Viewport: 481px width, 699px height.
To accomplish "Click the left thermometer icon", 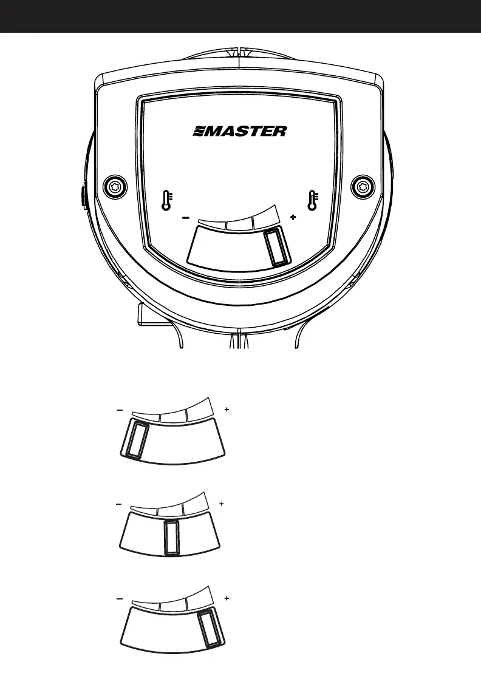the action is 166,201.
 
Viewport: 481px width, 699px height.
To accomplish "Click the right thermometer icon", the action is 313,201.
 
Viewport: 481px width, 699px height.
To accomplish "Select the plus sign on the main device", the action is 293,217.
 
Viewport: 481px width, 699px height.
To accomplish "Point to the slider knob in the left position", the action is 135,441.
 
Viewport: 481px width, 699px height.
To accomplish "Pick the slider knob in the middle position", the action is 172,536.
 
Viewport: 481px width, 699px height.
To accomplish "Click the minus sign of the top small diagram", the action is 120,411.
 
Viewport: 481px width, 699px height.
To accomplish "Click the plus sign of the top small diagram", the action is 227,411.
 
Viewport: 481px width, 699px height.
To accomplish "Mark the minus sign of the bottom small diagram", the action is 120,598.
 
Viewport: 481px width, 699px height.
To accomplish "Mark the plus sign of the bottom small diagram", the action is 227,598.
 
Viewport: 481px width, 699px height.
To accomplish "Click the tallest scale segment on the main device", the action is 267,217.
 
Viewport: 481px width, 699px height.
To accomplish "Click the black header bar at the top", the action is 241,16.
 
